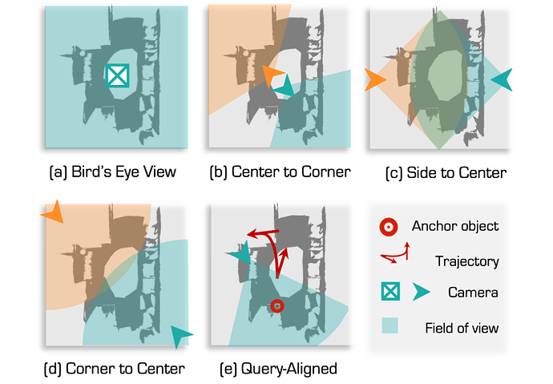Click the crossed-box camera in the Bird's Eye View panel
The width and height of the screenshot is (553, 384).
coord(118,75)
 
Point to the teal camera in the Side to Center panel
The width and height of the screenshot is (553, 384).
coord(503,79)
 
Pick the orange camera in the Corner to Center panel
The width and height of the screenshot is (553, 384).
coord(54,214)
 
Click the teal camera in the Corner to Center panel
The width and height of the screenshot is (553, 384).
coord(182,335)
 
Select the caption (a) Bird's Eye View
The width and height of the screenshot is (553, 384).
coord(112,172)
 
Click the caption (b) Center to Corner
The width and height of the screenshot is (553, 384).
coord(279,172)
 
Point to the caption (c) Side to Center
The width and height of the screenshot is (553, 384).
coord(445,172)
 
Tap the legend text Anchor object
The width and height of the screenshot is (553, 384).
coord(454,226)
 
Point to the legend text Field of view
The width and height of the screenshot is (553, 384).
coord(462,327)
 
